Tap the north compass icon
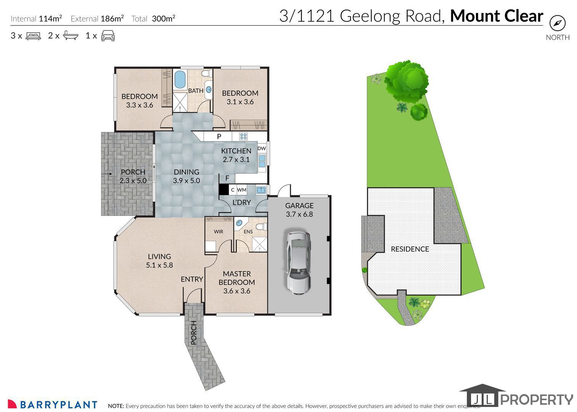[x=558, y=23]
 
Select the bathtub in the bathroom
[x=180, y=80]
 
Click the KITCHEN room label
[x=236, y=151]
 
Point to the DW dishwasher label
[x=261, y=148]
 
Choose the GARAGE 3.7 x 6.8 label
[x=299, y=209]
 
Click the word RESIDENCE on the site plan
[x=410, y=249]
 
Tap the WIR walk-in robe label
[x=218, y=232]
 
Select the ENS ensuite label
[x=248, y=232]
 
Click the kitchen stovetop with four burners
[x=243, y=136]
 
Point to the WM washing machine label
[x=242, y=190]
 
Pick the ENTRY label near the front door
[x=192, y=279]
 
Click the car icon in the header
[x=108, y=35]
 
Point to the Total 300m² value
[x=163, y=19]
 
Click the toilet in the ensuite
[x=262, y=227]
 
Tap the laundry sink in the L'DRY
[x=261, y=190]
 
